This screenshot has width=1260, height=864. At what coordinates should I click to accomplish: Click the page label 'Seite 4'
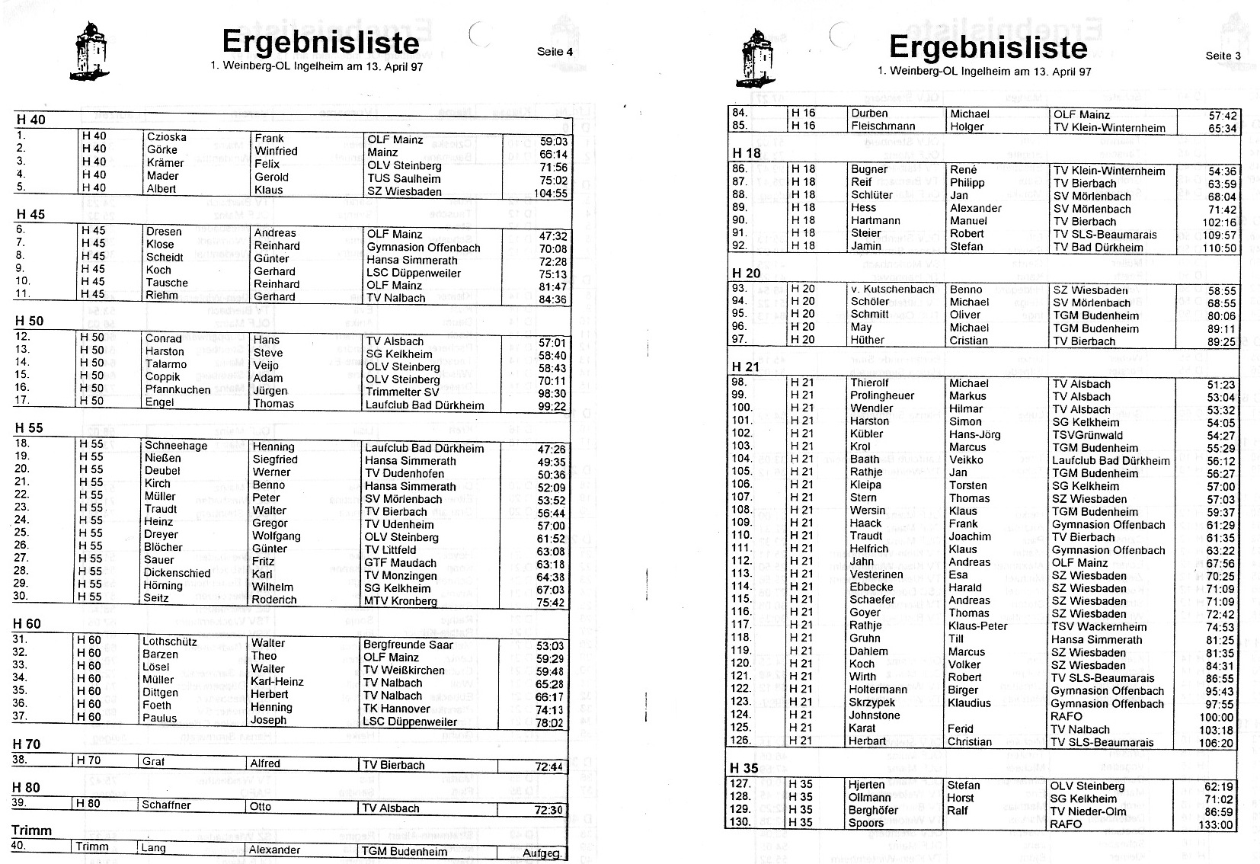tap(554, 52)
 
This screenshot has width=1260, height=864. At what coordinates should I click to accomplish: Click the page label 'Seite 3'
tap(1223, 56)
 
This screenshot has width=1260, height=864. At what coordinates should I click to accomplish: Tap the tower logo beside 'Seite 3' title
tap(756, 57)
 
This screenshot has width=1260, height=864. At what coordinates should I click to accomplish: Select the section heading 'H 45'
tap(30, 215)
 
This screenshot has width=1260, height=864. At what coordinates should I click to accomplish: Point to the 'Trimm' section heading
tap(32, 830)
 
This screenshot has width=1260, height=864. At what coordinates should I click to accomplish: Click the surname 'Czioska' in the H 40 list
tap(166, 137)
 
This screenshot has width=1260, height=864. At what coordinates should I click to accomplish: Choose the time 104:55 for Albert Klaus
tap(551, 193)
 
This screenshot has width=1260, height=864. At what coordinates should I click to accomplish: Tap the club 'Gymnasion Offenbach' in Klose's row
tap(424, 248)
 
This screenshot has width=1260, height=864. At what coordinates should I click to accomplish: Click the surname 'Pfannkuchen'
tap(177, 390)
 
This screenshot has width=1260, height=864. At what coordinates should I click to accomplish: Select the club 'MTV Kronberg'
tap(401, 601)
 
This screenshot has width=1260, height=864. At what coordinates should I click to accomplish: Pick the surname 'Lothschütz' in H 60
tap(170, 642)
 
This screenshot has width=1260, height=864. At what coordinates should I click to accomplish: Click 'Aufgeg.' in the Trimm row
tap(542, 853)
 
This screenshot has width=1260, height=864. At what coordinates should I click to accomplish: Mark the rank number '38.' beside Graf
tap(21, 760)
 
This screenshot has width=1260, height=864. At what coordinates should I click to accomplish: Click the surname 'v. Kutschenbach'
tap(892, 290)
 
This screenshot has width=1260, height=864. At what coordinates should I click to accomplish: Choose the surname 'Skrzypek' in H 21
tap(872, 702)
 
